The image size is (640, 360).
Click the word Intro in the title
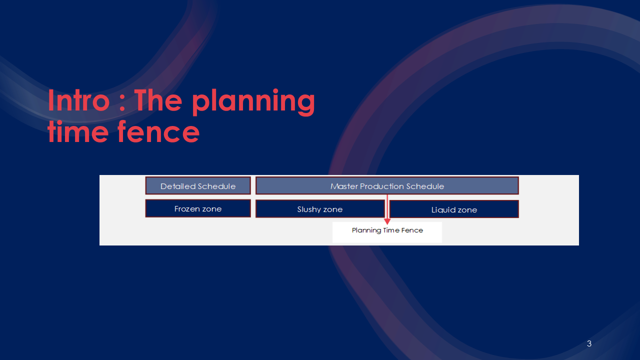tap(78, 100)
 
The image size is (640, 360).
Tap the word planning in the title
tap(253, 102)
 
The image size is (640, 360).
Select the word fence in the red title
tap(158, 131)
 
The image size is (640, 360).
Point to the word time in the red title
tap(78, 131)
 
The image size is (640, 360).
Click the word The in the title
tap(158, 100)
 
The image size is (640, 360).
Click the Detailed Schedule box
tap(198, 185)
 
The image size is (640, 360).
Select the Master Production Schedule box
tap(387, 185)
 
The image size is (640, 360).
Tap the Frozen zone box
tap(198, 208)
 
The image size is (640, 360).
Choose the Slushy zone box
tap(320, 209)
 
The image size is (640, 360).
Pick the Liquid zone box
tap(454, 209)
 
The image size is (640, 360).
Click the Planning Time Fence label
tap(387, 230)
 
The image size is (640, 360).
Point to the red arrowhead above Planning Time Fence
tap(387, 221)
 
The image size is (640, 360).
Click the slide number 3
tap(589, 343)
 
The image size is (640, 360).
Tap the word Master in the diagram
tap(344, 186)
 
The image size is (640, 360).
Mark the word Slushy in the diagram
tap(308, 209)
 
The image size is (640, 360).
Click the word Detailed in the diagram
tap(177, 186)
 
